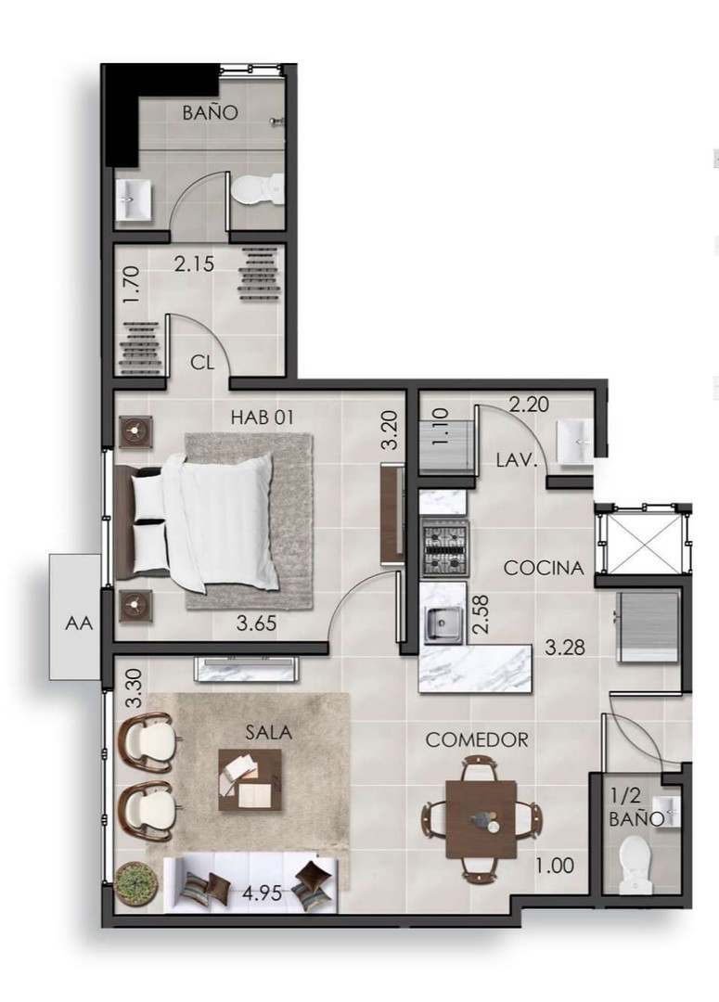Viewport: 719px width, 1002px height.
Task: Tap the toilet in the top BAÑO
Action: click(256, 190)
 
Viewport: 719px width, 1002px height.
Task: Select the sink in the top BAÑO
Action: click(135, 200)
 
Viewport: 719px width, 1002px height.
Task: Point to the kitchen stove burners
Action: click(445, 548)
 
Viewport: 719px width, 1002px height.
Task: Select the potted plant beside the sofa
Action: click(135, 880)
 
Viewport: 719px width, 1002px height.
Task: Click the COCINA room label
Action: click(544, 568)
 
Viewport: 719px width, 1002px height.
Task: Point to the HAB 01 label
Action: click(262, 417)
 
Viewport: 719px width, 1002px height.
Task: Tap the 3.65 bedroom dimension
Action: click(256, 623)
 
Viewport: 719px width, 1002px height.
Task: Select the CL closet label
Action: click(202, 362)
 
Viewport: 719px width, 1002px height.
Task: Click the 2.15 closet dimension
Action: click(195, 264)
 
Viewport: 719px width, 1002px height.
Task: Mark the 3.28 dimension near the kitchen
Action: click(565, 648)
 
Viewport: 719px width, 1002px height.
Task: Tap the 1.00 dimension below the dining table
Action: click(555, 867)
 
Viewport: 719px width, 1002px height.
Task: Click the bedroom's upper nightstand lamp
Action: click(136, 430)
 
